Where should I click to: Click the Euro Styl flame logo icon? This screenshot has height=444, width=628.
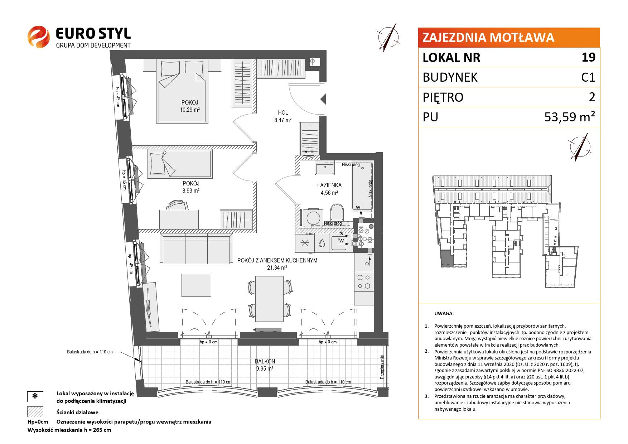(x=39, y=37)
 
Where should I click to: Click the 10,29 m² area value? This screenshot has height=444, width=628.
(x=190, y=110)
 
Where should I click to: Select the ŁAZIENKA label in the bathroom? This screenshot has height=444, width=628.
(x=329, y=185)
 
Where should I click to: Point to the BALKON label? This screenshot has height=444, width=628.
(x=265, y=361)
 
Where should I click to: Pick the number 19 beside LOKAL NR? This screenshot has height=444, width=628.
(x=589, y=57)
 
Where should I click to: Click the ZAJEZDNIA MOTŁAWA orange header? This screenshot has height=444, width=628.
(x=509, y=38)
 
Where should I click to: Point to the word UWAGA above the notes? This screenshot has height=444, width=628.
(x=444, y=313)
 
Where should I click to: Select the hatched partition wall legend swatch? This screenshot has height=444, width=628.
(x=35, y=412)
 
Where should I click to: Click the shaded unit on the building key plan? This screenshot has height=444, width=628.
(x=446, y=258)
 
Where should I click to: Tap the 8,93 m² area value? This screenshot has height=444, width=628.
(x=191, y=191)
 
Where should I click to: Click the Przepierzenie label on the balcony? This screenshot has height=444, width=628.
(x=382, y=367)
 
